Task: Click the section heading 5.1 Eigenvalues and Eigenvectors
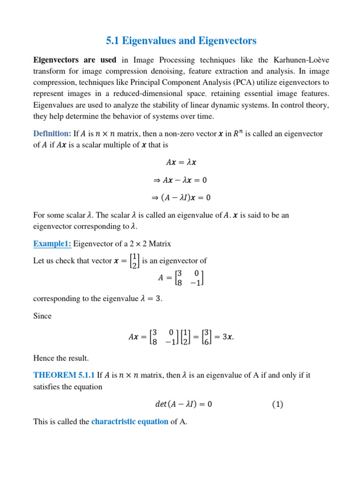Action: click(x=182, y=41)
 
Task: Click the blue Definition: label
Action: click(x=52, y=134)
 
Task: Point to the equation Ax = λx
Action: click(x=182, y=163)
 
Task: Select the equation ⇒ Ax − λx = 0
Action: click(x=182, y=180)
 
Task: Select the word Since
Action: click(x=42, y=316)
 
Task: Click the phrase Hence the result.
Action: click(x=61, y=359)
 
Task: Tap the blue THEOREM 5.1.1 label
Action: click(x=64, y=375)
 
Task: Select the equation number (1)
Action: click(x=277, y=404)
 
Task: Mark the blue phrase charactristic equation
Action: click(x=130, y=421)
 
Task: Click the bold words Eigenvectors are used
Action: click(x=75, y=60)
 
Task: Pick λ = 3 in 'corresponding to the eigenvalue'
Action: click(x=150, y=299)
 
